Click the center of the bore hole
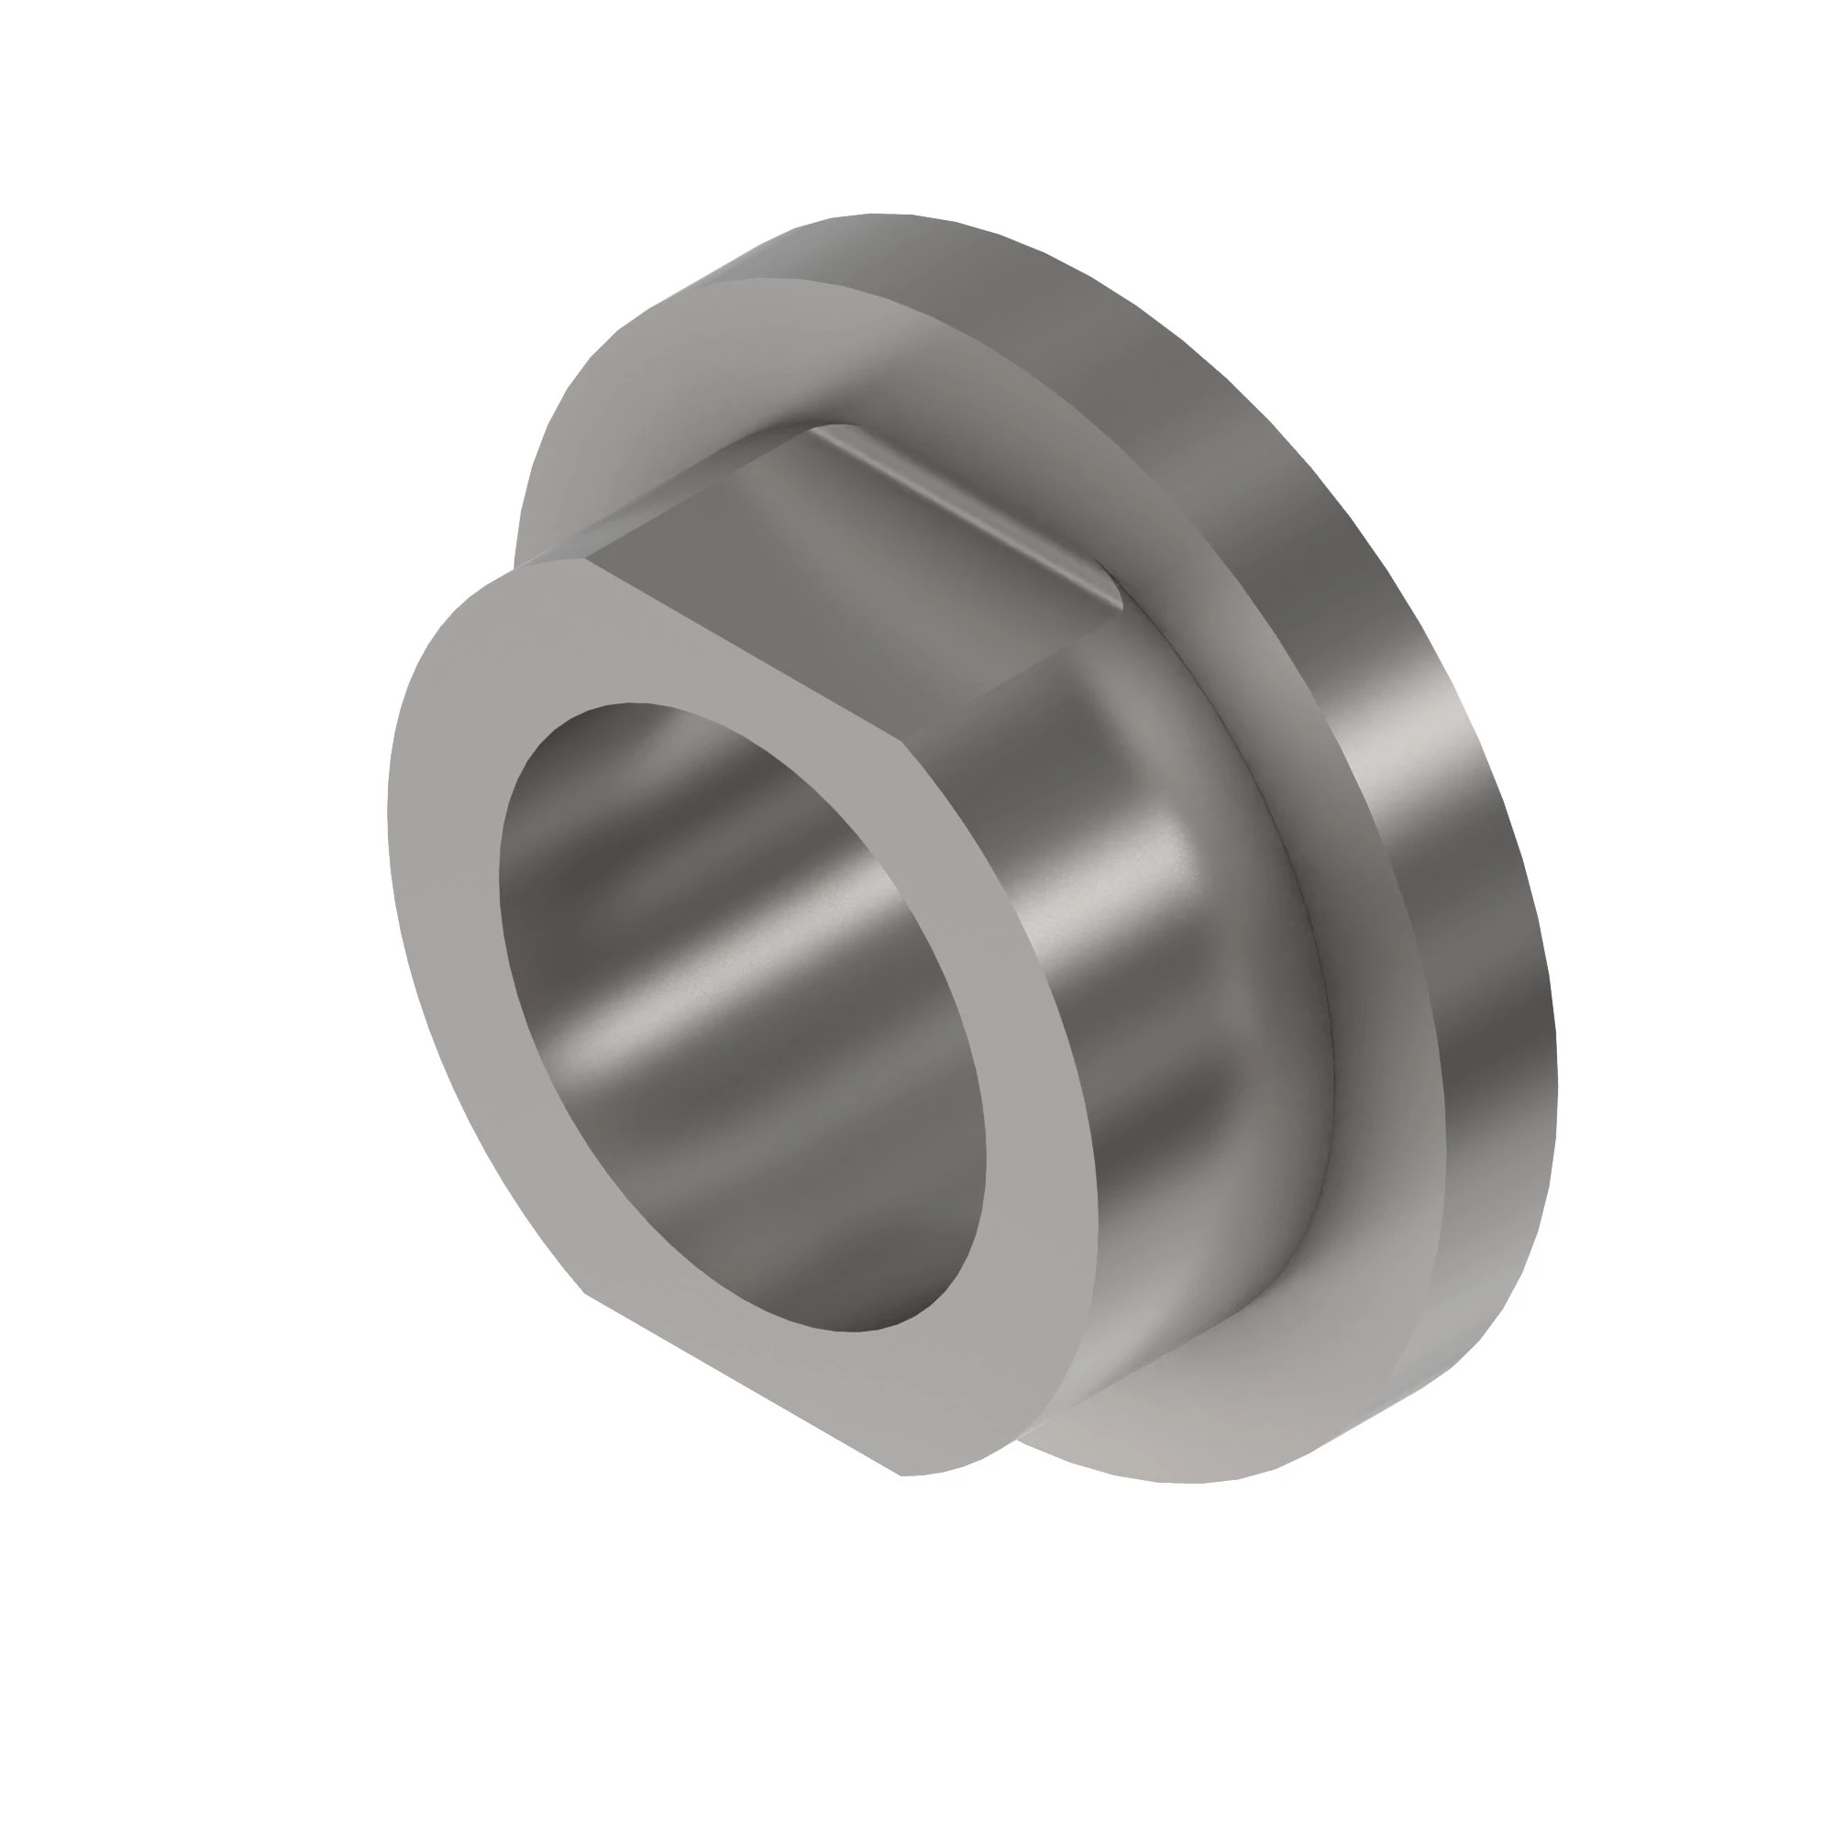tap(741, 1016)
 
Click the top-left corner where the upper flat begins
tap(517, 568)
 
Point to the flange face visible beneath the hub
tap(1187, 1424)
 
